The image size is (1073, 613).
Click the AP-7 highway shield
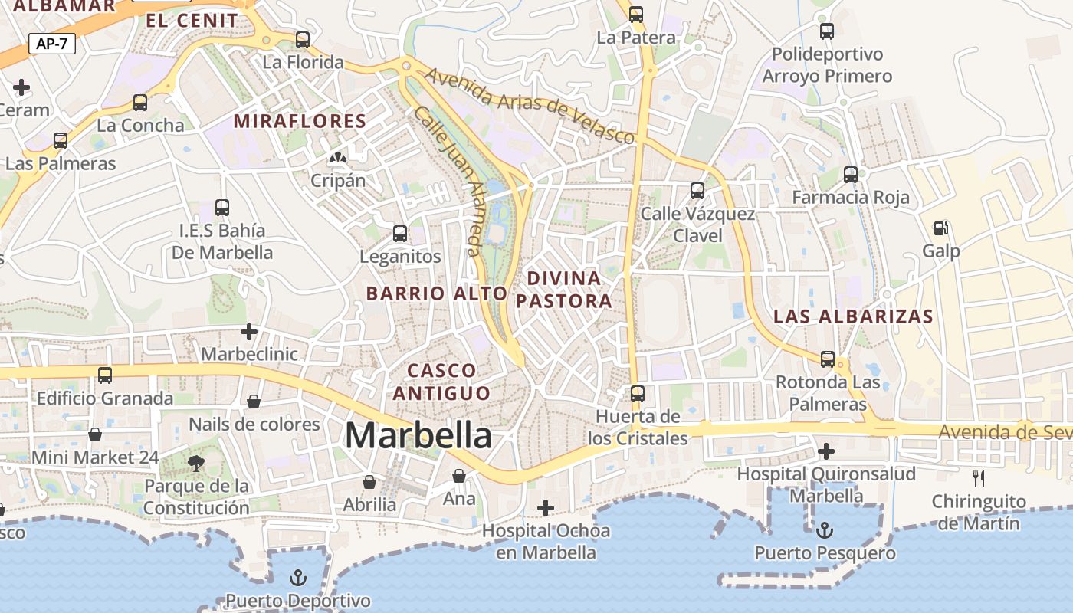52,44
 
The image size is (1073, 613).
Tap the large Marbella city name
418,435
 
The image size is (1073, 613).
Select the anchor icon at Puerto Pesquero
825,529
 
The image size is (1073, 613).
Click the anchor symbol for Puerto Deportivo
297,577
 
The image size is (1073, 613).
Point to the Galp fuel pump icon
940,228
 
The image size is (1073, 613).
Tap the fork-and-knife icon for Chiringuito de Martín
978,479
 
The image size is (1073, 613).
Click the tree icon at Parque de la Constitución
196,462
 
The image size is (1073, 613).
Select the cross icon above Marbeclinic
248,332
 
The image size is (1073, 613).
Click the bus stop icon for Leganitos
400,234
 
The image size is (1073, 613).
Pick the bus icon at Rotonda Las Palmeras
828,359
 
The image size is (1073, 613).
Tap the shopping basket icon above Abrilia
369,482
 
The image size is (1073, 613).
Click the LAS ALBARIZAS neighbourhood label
853,316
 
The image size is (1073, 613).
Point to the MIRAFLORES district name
300,121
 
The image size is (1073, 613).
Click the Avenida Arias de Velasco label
530,106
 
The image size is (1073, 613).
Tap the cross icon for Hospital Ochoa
545,507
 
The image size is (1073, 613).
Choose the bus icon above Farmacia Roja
851,175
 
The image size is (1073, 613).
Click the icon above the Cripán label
336,158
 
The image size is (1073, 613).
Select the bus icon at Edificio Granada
105,375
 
